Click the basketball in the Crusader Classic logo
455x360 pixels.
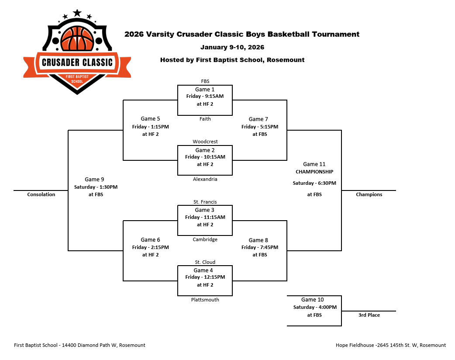point(77,38)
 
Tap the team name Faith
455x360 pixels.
point(205,119)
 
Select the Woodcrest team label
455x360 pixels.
point(205,142)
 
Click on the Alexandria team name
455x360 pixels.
point(205,179)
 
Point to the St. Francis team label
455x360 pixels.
point(205,202)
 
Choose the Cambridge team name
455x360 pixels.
point(205,239)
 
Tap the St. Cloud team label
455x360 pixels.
point(205,262)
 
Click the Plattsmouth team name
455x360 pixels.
point(205,300)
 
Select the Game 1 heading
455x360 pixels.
point(205,90)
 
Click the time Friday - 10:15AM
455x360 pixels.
point(205,157)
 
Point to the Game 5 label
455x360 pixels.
point(150,119)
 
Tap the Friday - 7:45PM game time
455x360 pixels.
point(259,247)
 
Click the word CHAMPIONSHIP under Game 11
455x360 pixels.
point(314,172)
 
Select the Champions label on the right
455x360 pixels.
point(369,194)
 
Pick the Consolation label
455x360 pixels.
point(41,194)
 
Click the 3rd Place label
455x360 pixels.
point(369,315)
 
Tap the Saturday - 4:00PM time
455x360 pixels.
point(314,307)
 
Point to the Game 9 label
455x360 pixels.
point(94,179)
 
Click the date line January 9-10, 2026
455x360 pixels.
point(232,47)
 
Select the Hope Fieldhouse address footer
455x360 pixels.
point(390,345)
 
